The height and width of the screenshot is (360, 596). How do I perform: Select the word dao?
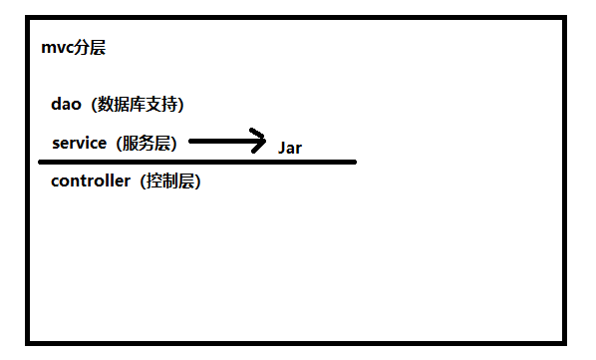tap(66, 104)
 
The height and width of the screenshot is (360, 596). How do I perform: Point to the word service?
tap(79, 143)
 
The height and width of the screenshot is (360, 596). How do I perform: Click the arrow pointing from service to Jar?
tap(227, 141)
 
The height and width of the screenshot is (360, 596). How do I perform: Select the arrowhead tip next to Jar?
tap(266, 141)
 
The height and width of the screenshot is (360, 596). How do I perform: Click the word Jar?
tap(289, 149)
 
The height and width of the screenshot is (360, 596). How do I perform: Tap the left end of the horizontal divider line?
tap(41, 161)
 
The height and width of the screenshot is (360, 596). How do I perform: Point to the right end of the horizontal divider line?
tap(354, 161)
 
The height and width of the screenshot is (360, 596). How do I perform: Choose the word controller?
tap(91, 181)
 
